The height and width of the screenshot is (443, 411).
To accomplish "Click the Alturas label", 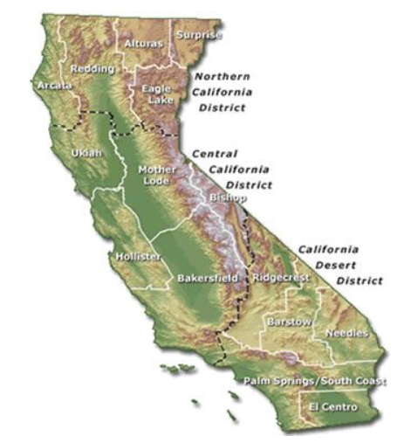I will click(x=142, y=42).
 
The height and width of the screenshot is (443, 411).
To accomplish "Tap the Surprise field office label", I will click(x=199, y=35).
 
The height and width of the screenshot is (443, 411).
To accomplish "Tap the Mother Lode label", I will click(x=157, y=175).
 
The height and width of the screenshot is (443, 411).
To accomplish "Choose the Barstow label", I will click(x=289, y=322).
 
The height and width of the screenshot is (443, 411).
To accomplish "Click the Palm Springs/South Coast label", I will click(x=315, y=381).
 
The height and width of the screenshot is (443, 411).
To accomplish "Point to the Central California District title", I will click(x=231, y=169).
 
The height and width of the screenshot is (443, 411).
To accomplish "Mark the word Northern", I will click(x=223, y=76).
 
